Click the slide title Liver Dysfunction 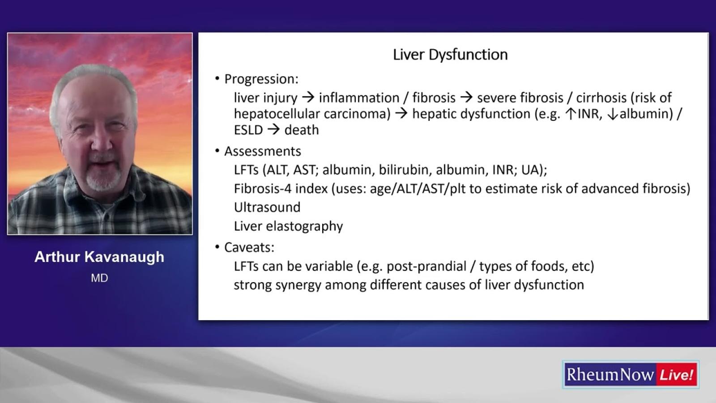[450, 55]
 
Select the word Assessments [262, 151]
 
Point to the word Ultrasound [267, 207]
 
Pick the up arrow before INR [571, 114]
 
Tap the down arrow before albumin [613, 114]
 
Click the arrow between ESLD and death [273, 130]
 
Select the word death [302, 130]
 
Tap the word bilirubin [405, 170]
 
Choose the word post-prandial [427, 266]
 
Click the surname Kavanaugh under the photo [124, 257]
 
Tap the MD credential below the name [99, 278]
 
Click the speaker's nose [102, 144]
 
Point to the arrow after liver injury [308, 98]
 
